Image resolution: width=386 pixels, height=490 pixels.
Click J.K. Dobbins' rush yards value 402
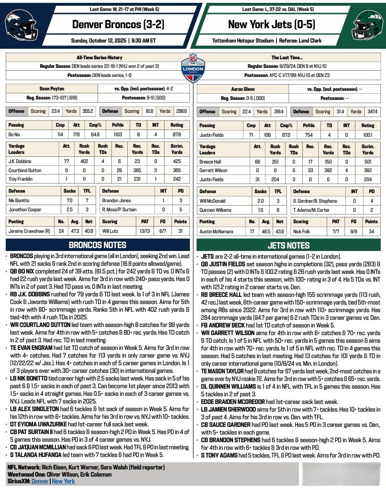[x=84, y=161]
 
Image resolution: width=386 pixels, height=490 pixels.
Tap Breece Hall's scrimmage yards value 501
[x=367, y=161]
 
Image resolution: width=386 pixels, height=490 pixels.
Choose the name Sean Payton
[x=51, y=88]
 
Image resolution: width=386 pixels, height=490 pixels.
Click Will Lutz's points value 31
[x=180, y=231]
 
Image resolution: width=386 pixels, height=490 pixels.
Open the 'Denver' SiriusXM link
[x=40, y=481]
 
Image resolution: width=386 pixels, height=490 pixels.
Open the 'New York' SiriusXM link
[x=63, y=481]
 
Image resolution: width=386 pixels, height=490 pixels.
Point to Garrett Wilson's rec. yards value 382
[x=328, y=170]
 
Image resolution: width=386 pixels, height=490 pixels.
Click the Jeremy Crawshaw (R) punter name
[x=28, y=231]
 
